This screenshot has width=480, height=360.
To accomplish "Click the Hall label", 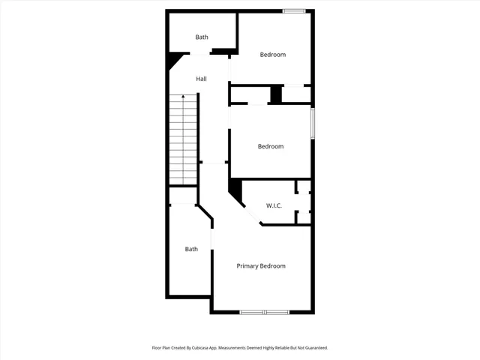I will pyautogui.click(x=201, y=79).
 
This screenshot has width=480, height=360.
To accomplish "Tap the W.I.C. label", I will pyautogui.click(x=274, y=205).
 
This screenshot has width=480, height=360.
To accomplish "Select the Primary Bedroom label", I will pyautogui.click(x=261, y=266).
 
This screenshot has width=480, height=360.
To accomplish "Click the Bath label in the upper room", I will pyautogui.click(x=202, y=37).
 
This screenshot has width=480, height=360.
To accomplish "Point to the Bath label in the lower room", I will pyautogui.click(x=192, y=249).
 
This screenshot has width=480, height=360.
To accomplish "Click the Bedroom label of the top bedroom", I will pyautogui.click(x=273, y=54).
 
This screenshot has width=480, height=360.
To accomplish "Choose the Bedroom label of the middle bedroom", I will pyautogui.click(x=271, y=146).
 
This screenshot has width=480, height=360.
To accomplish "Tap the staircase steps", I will pyautogui.click(x=183, y=142).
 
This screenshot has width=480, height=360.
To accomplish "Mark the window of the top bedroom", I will pyautogui.click(x=294, y=10).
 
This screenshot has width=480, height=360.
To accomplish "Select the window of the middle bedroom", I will pyautogui.click(x=312, y=124).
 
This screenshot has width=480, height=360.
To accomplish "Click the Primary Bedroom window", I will pyautogui.click(x=264, y=311).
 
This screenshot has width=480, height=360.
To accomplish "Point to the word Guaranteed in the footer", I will pyautogui.click(x=313, y=348).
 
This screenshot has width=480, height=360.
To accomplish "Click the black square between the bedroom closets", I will pyautogui.click(x=275, y=95).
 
